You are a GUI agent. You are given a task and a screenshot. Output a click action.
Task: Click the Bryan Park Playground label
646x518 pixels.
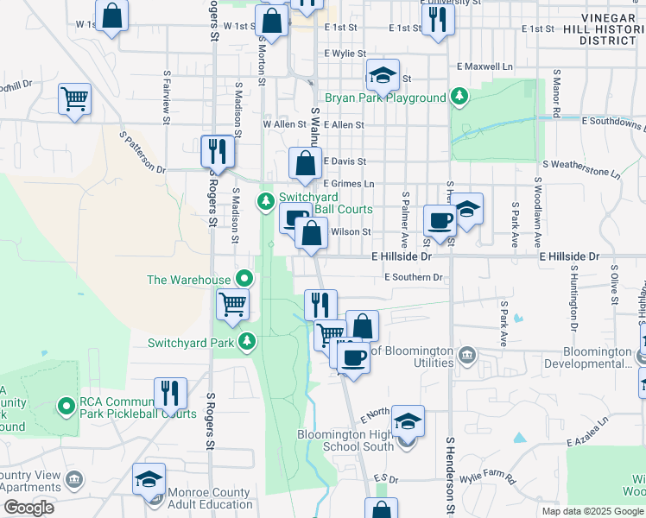click(385, 98)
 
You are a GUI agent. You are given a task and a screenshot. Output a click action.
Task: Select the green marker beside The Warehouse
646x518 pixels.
click(244, 279)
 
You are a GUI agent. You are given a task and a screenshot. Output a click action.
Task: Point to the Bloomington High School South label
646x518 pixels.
click(345, 440)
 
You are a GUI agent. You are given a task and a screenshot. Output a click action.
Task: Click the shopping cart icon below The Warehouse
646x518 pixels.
click(232, 303)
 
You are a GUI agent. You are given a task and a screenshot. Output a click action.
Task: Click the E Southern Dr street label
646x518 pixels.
click(414, 277)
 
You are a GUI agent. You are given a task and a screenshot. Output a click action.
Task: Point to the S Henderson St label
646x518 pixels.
click(450, 475)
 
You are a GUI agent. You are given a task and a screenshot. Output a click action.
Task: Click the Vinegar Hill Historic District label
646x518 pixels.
click(610, 28)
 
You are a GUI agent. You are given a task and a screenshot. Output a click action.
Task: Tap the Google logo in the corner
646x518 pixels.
click(28, 507)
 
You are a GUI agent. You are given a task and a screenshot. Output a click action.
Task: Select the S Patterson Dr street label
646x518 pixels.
click(142, 153)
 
